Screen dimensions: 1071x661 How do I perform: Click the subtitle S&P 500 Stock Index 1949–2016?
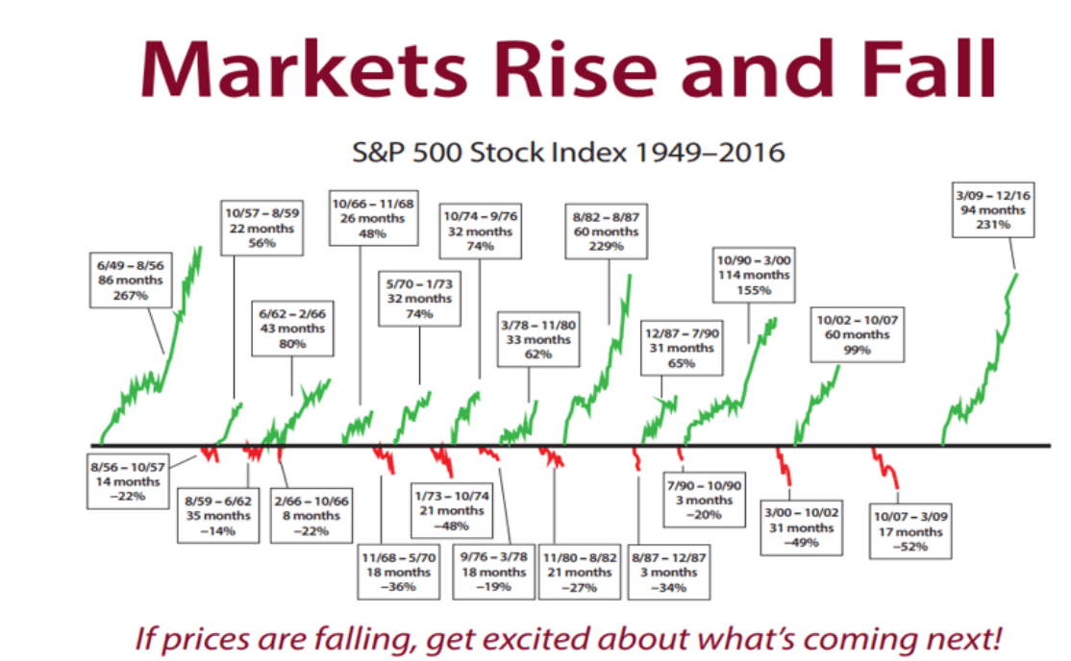pos(568,152)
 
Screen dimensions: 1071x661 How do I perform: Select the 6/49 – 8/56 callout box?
pos(131,280)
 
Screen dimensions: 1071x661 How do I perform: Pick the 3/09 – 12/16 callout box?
pos(993,209)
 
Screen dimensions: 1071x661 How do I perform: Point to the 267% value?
pos(131,295)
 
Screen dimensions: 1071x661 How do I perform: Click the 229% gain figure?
pos(607,246)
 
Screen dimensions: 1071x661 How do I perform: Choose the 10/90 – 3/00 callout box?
pos(754,275)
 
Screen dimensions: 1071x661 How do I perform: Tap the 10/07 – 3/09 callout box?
pos(910,531)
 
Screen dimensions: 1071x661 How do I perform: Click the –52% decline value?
pos(910,547)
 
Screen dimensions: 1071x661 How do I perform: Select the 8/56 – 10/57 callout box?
pos(128,481)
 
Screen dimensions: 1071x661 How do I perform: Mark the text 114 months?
pos(754,275)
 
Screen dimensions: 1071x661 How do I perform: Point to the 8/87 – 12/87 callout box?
pos(669,573)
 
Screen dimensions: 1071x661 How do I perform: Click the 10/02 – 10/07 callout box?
pos(858,334)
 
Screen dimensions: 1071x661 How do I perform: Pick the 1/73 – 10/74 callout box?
pos(452,511)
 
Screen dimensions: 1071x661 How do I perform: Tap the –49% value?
pos(801,542)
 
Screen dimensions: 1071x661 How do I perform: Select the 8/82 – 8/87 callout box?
pos(607,232)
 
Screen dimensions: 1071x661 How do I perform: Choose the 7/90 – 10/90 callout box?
pos(704,500)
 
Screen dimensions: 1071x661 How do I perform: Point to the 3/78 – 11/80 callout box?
pos(538,339)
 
